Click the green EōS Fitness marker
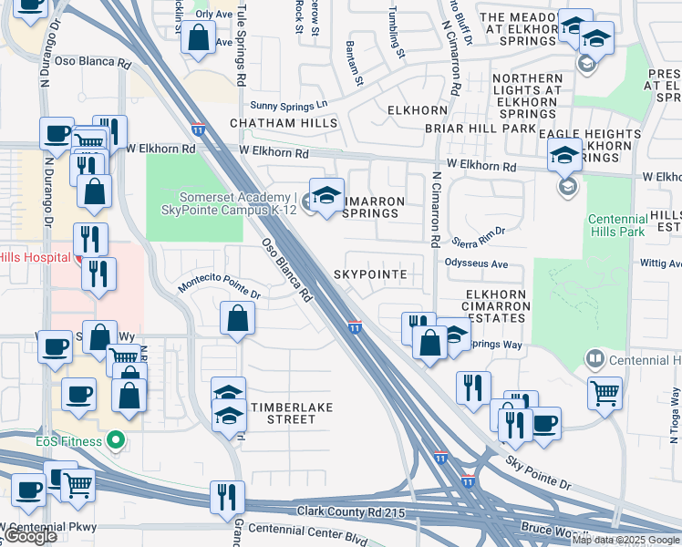[115, 440]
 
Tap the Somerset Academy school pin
[326, 194]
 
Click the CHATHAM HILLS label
[284, 123]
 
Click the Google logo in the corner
[30, 537]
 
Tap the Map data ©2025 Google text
[625, 540]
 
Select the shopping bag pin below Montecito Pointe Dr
[237, 318]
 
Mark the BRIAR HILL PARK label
[491, 129]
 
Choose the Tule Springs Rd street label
[242, 44]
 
